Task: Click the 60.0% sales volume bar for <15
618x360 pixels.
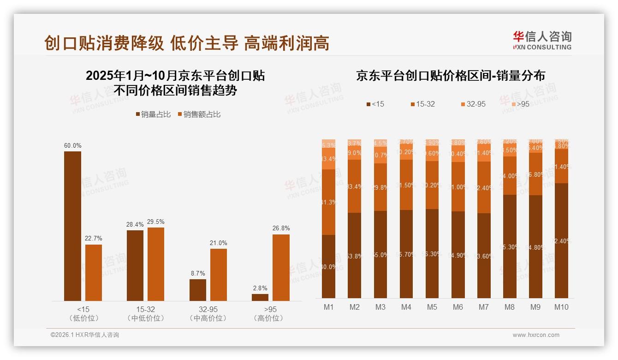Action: (72, 226)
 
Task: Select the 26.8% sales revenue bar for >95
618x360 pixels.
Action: (281, 268)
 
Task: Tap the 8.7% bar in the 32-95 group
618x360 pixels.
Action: (197, 290)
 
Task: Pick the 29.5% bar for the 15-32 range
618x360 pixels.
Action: (156, 264)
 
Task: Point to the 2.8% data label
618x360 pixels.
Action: (260, 288)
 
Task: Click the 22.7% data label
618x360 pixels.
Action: (94, 239)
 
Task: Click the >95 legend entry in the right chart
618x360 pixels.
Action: (520, 104)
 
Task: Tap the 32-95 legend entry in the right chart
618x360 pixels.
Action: (473, 104)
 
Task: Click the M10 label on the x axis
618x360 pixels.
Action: (561, 307)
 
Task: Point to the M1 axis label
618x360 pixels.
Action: (328, 307)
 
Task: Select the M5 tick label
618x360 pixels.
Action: (432, 307)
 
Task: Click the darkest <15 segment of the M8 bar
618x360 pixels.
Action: (510, 246)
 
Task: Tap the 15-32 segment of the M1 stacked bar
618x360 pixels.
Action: (328, 202)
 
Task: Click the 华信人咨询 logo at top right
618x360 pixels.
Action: (542, 41)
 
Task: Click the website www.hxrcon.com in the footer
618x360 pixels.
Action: (536, 335)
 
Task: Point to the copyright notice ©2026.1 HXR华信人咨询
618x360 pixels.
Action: (85, 335)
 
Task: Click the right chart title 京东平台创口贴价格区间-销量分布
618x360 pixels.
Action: (450, 76)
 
